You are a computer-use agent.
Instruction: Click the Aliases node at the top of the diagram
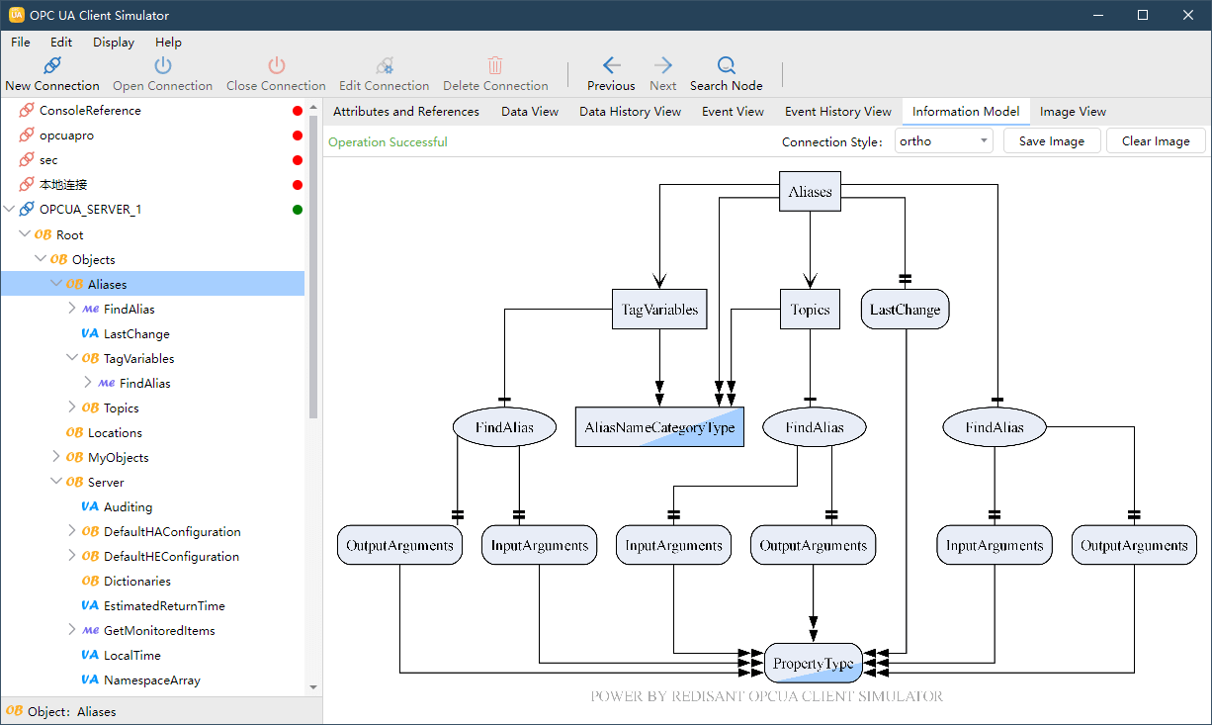pos(810,191)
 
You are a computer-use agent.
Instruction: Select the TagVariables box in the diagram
pos(659,310)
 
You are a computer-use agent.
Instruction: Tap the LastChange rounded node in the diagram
pos(905,310)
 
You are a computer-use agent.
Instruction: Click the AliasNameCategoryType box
pos(659,427)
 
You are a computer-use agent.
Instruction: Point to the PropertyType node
pos(813,663)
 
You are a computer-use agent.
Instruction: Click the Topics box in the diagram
pos(810,310)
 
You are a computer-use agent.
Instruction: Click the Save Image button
pos(1051,141)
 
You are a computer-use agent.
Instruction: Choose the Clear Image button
pos(1156,141)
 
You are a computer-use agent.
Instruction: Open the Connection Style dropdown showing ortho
pos(943,141)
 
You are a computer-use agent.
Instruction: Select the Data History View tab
pos(630,112)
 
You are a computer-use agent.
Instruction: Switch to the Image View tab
pos(1073,112)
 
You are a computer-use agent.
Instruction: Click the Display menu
pos(113,43)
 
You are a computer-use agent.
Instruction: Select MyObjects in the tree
pos(118,458)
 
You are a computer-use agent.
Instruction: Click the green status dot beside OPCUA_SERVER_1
pos(297,210)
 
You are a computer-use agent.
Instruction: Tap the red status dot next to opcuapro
pos(297,136)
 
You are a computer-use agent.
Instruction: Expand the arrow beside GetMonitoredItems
pos(71,630)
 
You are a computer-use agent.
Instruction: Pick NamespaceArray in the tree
pos(151,680)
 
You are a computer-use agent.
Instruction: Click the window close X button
pos(1187,15)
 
